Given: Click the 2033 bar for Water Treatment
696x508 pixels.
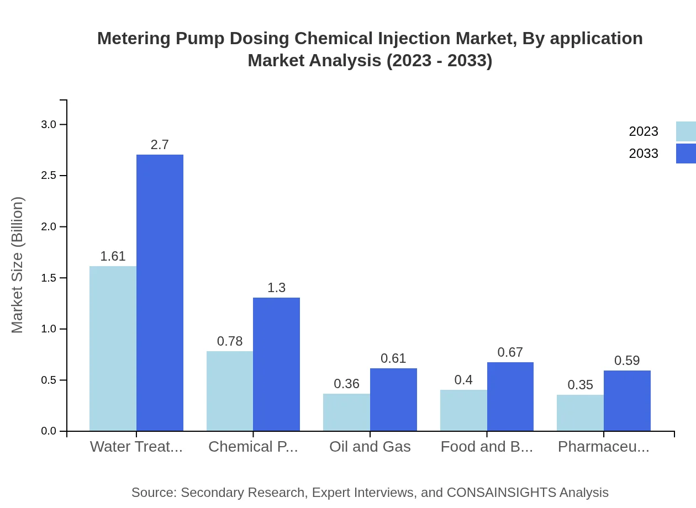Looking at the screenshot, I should click(160, 293).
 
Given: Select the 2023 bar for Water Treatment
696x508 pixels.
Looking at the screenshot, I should click(113, 348).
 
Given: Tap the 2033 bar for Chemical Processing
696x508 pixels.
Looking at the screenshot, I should click(276, 364).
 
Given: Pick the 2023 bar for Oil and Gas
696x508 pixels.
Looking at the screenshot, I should click(346, 412).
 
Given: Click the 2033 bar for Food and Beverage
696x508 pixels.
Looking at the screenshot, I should click(510, 396).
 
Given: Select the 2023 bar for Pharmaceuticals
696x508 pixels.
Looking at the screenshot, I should click(580, 412).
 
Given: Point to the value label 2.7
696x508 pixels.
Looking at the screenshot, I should click(160, 145).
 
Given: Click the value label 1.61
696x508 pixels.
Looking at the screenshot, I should click(113, 256).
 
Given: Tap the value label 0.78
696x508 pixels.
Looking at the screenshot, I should click(230, 341).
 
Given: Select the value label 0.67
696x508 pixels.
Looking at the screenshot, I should click(510, 352).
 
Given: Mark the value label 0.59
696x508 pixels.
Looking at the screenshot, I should click(627, 361).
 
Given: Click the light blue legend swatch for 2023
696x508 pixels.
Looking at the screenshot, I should click(686, 131).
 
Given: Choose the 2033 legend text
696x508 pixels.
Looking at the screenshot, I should click(644, 154).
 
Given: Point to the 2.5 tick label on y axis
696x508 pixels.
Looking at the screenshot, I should click(49, 176).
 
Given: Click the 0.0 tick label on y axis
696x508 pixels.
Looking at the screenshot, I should click(49, 431).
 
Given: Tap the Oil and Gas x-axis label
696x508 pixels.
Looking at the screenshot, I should click(370, 447).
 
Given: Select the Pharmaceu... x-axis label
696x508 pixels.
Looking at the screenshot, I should click(603, 447).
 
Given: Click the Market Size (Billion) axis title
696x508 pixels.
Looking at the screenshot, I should click(18, 265).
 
